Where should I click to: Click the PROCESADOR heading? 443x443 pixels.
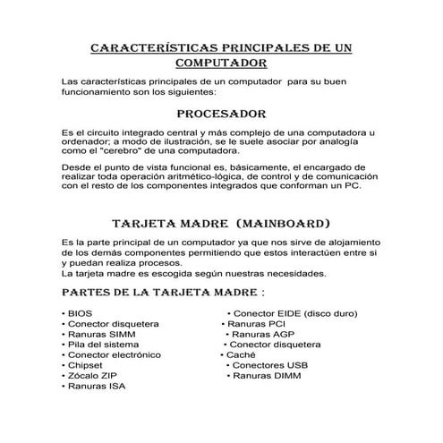coord(221,115)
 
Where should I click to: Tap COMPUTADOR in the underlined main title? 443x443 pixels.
coord(221,63)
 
